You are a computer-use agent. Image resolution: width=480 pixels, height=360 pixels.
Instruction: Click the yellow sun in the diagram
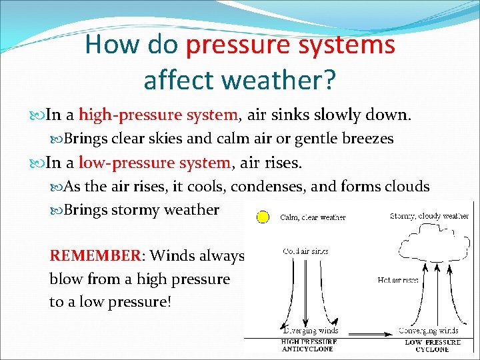[x=263, y=217]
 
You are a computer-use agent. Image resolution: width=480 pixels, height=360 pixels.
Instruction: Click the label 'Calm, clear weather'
[x=313, y=217]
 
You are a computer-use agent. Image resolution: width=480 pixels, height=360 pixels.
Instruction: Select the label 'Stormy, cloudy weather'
[x=429, y=216]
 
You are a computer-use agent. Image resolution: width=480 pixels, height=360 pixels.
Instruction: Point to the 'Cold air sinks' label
[x=305, y=252]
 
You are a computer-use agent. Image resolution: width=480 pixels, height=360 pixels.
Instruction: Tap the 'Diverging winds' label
[x=311, y=331]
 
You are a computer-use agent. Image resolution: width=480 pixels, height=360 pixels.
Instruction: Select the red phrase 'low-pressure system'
[x=155, y=162]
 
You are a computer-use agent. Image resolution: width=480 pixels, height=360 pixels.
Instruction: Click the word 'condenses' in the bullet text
[x=277, y=187]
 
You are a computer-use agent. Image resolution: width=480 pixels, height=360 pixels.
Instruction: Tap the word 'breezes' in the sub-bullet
[x=365, y=139]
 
